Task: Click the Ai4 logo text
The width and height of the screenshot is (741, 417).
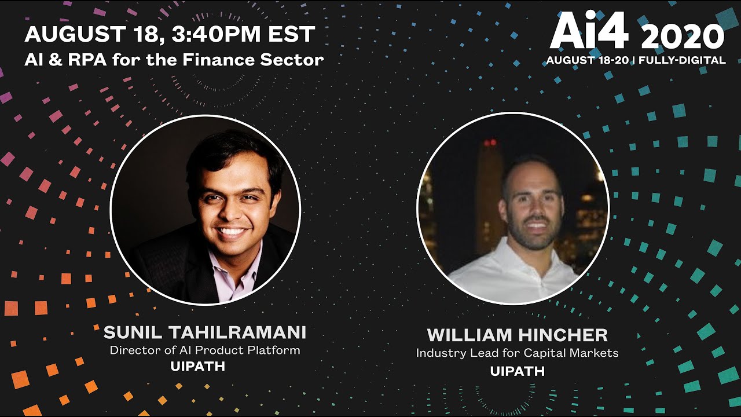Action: click(589, 32)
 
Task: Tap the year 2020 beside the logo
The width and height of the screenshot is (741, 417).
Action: click(683, 38)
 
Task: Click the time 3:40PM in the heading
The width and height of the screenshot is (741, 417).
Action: click(207, 34)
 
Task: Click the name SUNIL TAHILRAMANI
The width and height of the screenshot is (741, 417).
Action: click(205, 332)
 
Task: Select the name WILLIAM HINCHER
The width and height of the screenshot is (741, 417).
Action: click(517, 335)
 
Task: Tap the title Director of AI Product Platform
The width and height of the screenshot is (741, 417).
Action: click(205, 350)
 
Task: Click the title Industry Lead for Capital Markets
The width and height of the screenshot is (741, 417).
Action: click(517, 353)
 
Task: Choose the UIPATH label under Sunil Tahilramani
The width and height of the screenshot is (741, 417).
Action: click(197, 367)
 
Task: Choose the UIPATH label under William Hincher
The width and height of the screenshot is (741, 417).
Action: click(517, 371)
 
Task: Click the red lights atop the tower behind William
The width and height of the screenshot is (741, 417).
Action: click(490, 142)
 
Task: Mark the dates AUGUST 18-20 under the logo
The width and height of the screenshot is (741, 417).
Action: click(587, 60)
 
